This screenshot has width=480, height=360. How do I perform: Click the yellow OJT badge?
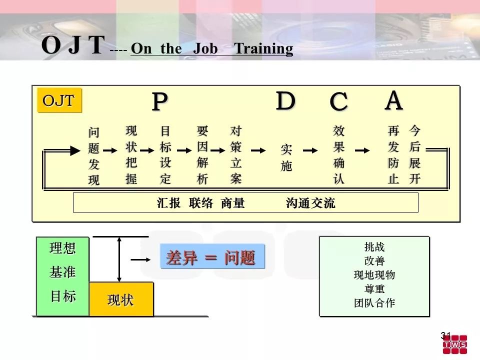[x=59, y=100]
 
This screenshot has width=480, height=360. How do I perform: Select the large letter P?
[x=160, y=101]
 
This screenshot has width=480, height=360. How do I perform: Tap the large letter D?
[x=285, y=100]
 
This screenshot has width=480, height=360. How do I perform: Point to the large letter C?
[x=338, y=101]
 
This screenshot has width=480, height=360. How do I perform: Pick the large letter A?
[x=393, y=100]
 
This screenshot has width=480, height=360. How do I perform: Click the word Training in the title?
[x=263, y=49]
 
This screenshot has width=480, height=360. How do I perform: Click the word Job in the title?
[x=205, y=48]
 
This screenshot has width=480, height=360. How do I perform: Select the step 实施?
[x=286, y=158]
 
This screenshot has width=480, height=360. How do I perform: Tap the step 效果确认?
[x=339, y=155]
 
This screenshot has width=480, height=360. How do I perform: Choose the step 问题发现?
[x=94, y=156]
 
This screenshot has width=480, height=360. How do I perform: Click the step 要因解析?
[x=202, y=155]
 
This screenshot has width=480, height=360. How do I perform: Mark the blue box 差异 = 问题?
[x=212, y=256]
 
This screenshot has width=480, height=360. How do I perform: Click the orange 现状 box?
[x=121, y=299]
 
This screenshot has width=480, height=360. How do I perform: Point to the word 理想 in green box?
[x=62, y=248]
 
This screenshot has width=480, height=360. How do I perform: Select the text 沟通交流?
[x=310, y=203]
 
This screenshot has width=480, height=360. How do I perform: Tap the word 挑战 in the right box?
[x=374, y=246]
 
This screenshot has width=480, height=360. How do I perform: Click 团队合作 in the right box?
[x=374, y=303]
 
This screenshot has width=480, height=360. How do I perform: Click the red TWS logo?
[x=455, y=344]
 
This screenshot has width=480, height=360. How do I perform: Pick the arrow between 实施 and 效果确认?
[x=310, y=150]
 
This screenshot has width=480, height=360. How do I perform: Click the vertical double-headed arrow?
[x=119, y=259]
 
